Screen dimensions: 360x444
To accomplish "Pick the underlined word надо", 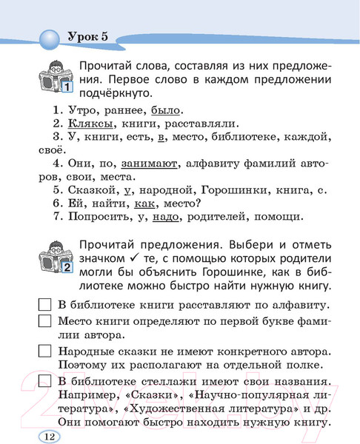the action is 169,217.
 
